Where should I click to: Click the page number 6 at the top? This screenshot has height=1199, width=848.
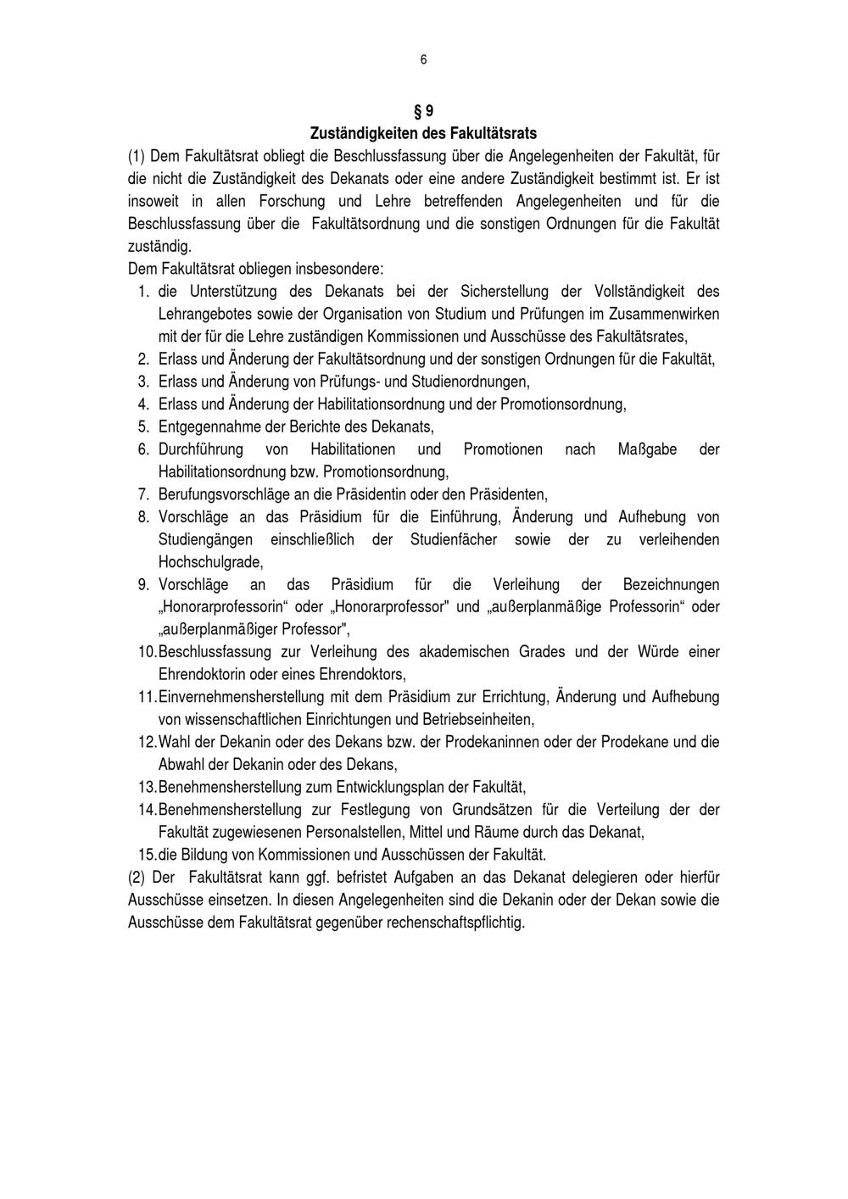[423, 59]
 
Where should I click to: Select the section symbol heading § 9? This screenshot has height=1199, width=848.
[423, 111]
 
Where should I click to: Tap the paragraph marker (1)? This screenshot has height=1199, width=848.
[137, 156]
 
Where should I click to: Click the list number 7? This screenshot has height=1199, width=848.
[143, 494]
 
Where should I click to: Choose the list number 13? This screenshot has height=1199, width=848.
[146, 787]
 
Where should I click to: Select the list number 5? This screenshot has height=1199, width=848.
[143, 427]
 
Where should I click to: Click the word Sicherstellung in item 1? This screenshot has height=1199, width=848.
[502, 292]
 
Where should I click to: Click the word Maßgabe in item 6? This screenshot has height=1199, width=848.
[647, 449]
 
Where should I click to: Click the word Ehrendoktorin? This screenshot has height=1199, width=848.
[203, 674]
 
